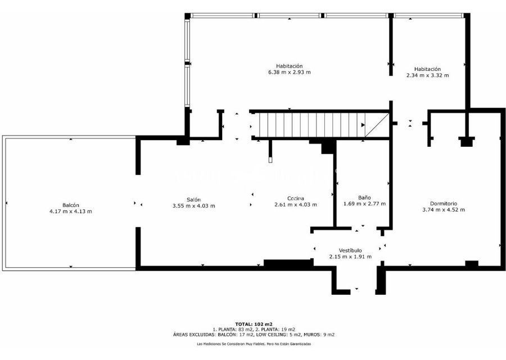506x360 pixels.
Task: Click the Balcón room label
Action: (71, 205)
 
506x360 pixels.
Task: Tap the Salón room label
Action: (193, 200)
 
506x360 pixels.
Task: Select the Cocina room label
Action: (296, 198)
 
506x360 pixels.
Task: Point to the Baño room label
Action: (364, 197)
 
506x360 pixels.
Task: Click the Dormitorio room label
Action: (444, 204)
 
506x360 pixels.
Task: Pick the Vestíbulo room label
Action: (350, 250)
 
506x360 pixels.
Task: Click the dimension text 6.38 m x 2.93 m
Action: (290, 72)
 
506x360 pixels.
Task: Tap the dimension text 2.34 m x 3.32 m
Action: (428, 75)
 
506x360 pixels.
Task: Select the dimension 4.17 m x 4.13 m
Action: (71, 211)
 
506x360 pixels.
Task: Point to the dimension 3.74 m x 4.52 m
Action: (444, 210)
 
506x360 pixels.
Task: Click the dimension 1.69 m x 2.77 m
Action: (364, 204)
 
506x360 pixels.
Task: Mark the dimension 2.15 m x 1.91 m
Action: (350, 256)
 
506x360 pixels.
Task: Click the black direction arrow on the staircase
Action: (363, 125)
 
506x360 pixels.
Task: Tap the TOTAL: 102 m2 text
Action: (254, 324)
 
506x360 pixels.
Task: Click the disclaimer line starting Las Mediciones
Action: (254, 344)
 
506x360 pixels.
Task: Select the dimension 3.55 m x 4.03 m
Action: (193, 206)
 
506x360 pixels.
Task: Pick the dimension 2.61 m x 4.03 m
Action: (296, 204)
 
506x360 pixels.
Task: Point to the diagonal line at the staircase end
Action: (377, 125)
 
